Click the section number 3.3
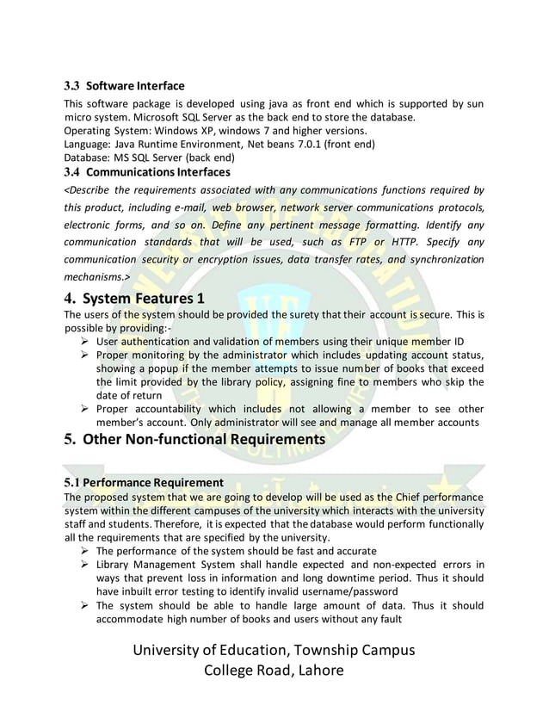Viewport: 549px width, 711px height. (72, 86)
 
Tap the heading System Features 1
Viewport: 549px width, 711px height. (144, 299)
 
